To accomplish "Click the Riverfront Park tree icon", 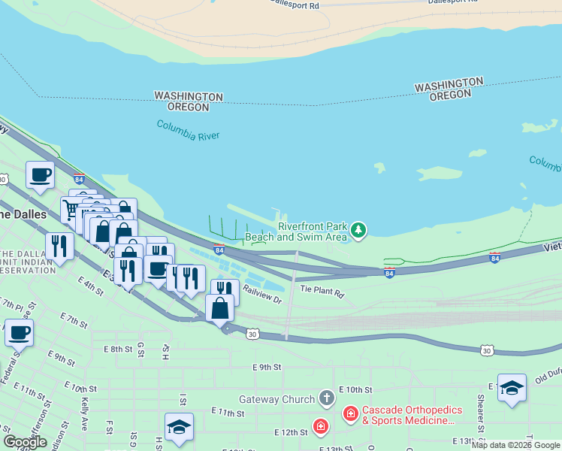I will (x=359, y=229).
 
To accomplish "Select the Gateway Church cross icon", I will (x=326, y=397).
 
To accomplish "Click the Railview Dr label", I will (x=261, y=298).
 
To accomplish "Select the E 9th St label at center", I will (x=267, y=368).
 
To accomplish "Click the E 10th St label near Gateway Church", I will (x=355, y=389).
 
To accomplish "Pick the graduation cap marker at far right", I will (x=512, y=388).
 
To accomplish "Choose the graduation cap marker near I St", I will (x=179, y=427).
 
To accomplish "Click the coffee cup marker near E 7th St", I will (x=19, y=331).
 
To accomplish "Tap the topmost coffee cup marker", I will (x=41, y=175).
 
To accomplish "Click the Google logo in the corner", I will (x=25, y=442).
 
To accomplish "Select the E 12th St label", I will (x=291, y=432).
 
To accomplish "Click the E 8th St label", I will (x=118, y=349).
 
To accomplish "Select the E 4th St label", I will (x=89, y=285).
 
